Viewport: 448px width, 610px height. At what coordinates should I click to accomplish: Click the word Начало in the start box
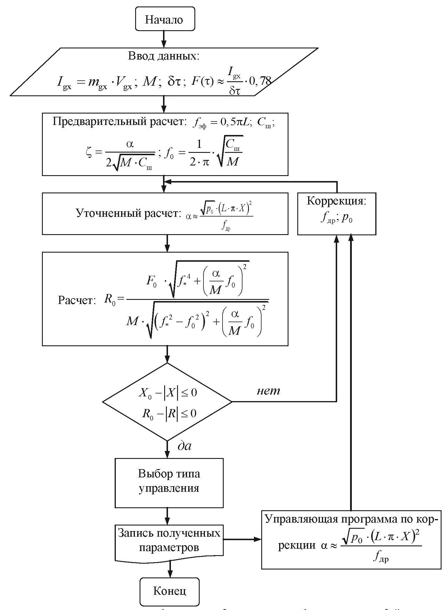[x=164, y=20]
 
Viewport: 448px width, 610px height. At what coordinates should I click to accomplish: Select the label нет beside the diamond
[x=268, y=391]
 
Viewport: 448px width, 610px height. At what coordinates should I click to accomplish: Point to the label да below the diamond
[x=184, y=446]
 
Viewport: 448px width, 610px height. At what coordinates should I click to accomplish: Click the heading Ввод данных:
[x=164, y=56]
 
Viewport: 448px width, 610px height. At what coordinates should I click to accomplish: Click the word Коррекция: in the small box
[x=336, y=201]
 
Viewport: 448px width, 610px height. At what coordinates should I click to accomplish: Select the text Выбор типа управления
[x=169, y=481]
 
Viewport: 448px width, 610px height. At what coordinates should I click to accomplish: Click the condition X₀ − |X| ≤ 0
[x=167, y=393]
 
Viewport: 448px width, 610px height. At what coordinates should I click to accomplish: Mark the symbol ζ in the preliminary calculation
[x=89, y=153]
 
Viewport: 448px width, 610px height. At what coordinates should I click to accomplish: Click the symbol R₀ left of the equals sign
[x=110, y=300]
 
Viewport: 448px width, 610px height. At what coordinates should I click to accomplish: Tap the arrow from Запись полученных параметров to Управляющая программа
[x=242, y=539]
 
